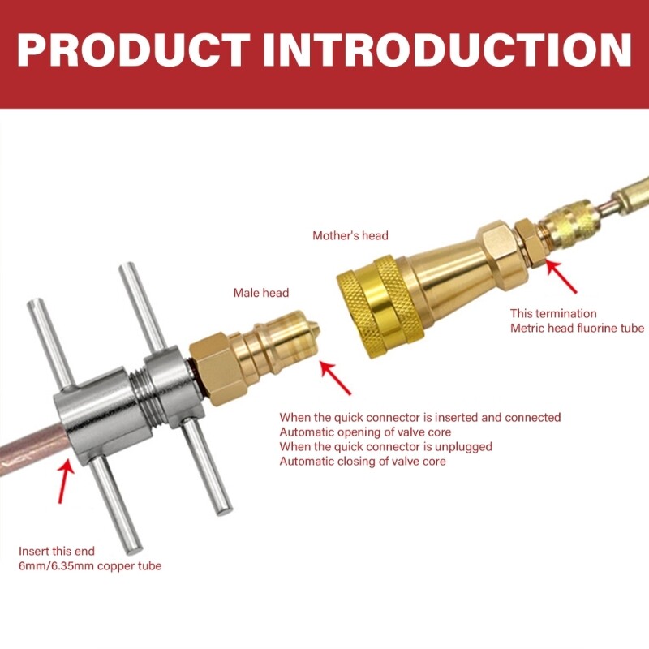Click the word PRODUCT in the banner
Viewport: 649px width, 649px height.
[x=133, y=49]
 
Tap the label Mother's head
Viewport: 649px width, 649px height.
[x=350, y=235]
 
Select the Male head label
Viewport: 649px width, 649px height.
[x=260, y=293]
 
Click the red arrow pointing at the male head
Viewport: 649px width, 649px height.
[x=335, y=378]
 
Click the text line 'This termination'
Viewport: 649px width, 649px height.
[x=553, y=313]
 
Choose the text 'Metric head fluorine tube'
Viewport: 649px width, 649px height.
[x=577, y=329]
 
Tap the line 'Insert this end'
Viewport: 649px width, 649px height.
[x=57, y=552]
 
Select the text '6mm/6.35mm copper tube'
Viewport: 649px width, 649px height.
[x=90, y=566]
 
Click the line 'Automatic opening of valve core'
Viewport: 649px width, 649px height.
[x=365, y=432]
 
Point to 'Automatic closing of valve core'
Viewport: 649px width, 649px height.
[x=363, y=461]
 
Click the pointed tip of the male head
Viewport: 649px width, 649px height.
[x=319, y=330]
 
